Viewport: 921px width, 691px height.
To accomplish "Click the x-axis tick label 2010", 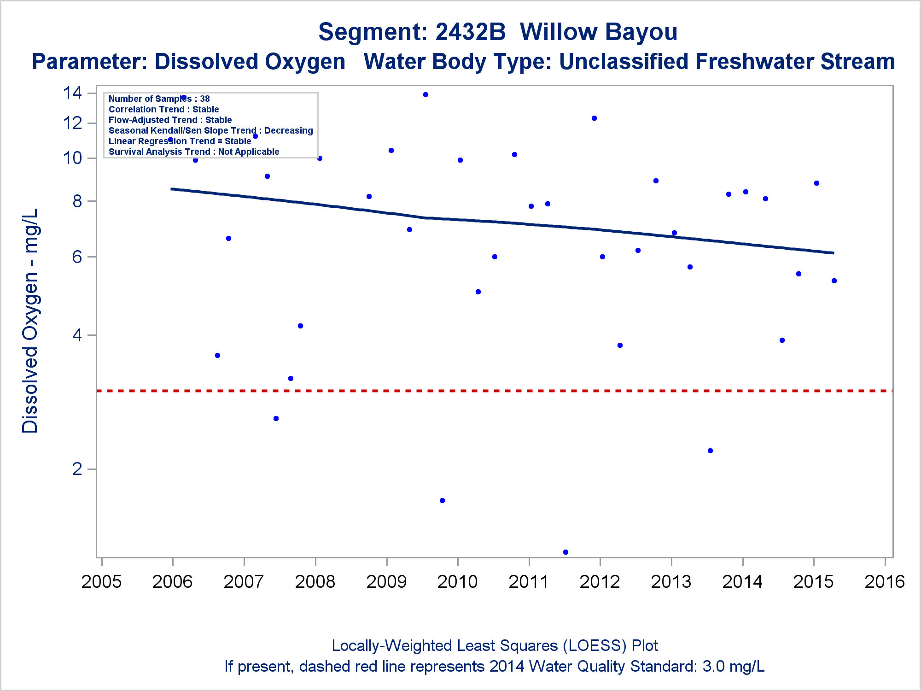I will [x=457, y=582].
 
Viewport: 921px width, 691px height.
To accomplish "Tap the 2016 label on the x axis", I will [x=885, y=582].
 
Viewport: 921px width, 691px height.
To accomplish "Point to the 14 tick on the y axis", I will [x=73, y=93].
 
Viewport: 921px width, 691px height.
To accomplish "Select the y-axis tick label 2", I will [x=77, y=469].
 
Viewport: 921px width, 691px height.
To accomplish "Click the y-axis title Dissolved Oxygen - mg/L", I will [x=30, y=321].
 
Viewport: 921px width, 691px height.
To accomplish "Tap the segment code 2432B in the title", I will [x=470, y=32].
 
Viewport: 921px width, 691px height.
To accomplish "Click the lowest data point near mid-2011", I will [x=565, y=552].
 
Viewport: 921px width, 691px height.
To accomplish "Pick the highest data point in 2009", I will [x=426, y=95].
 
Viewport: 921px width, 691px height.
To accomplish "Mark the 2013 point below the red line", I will [x=710, y=451].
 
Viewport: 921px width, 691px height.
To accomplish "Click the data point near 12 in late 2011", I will [x=594, y=118].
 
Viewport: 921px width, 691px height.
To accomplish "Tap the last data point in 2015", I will [x=834, y=281].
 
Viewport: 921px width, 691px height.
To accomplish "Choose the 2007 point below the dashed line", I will [x=276, y=419].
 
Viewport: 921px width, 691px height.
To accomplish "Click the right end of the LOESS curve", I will [x=833, y=253].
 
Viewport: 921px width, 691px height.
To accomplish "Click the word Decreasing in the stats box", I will [x=289, y=131].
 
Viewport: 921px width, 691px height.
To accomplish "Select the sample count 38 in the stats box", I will [x=205, y=99].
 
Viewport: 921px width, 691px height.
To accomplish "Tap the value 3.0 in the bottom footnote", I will [x=713, y=667].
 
